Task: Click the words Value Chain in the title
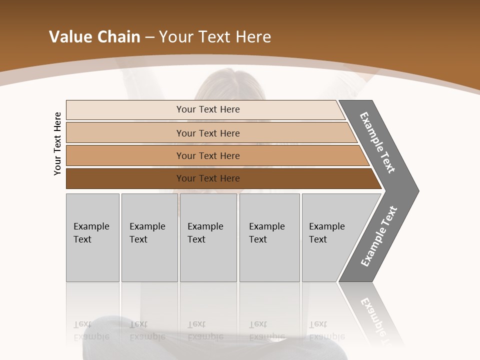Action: (94, 37)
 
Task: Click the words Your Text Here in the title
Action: (215, 37)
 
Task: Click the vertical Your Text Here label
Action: (57, 143)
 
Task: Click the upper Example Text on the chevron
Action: (377, 142)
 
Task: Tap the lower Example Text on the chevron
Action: (379, 236)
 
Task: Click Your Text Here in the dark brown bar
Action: (208, 178)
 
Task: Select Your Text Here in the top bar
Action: (208, 109)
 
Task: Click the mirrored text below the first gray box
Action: (91, 330)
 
